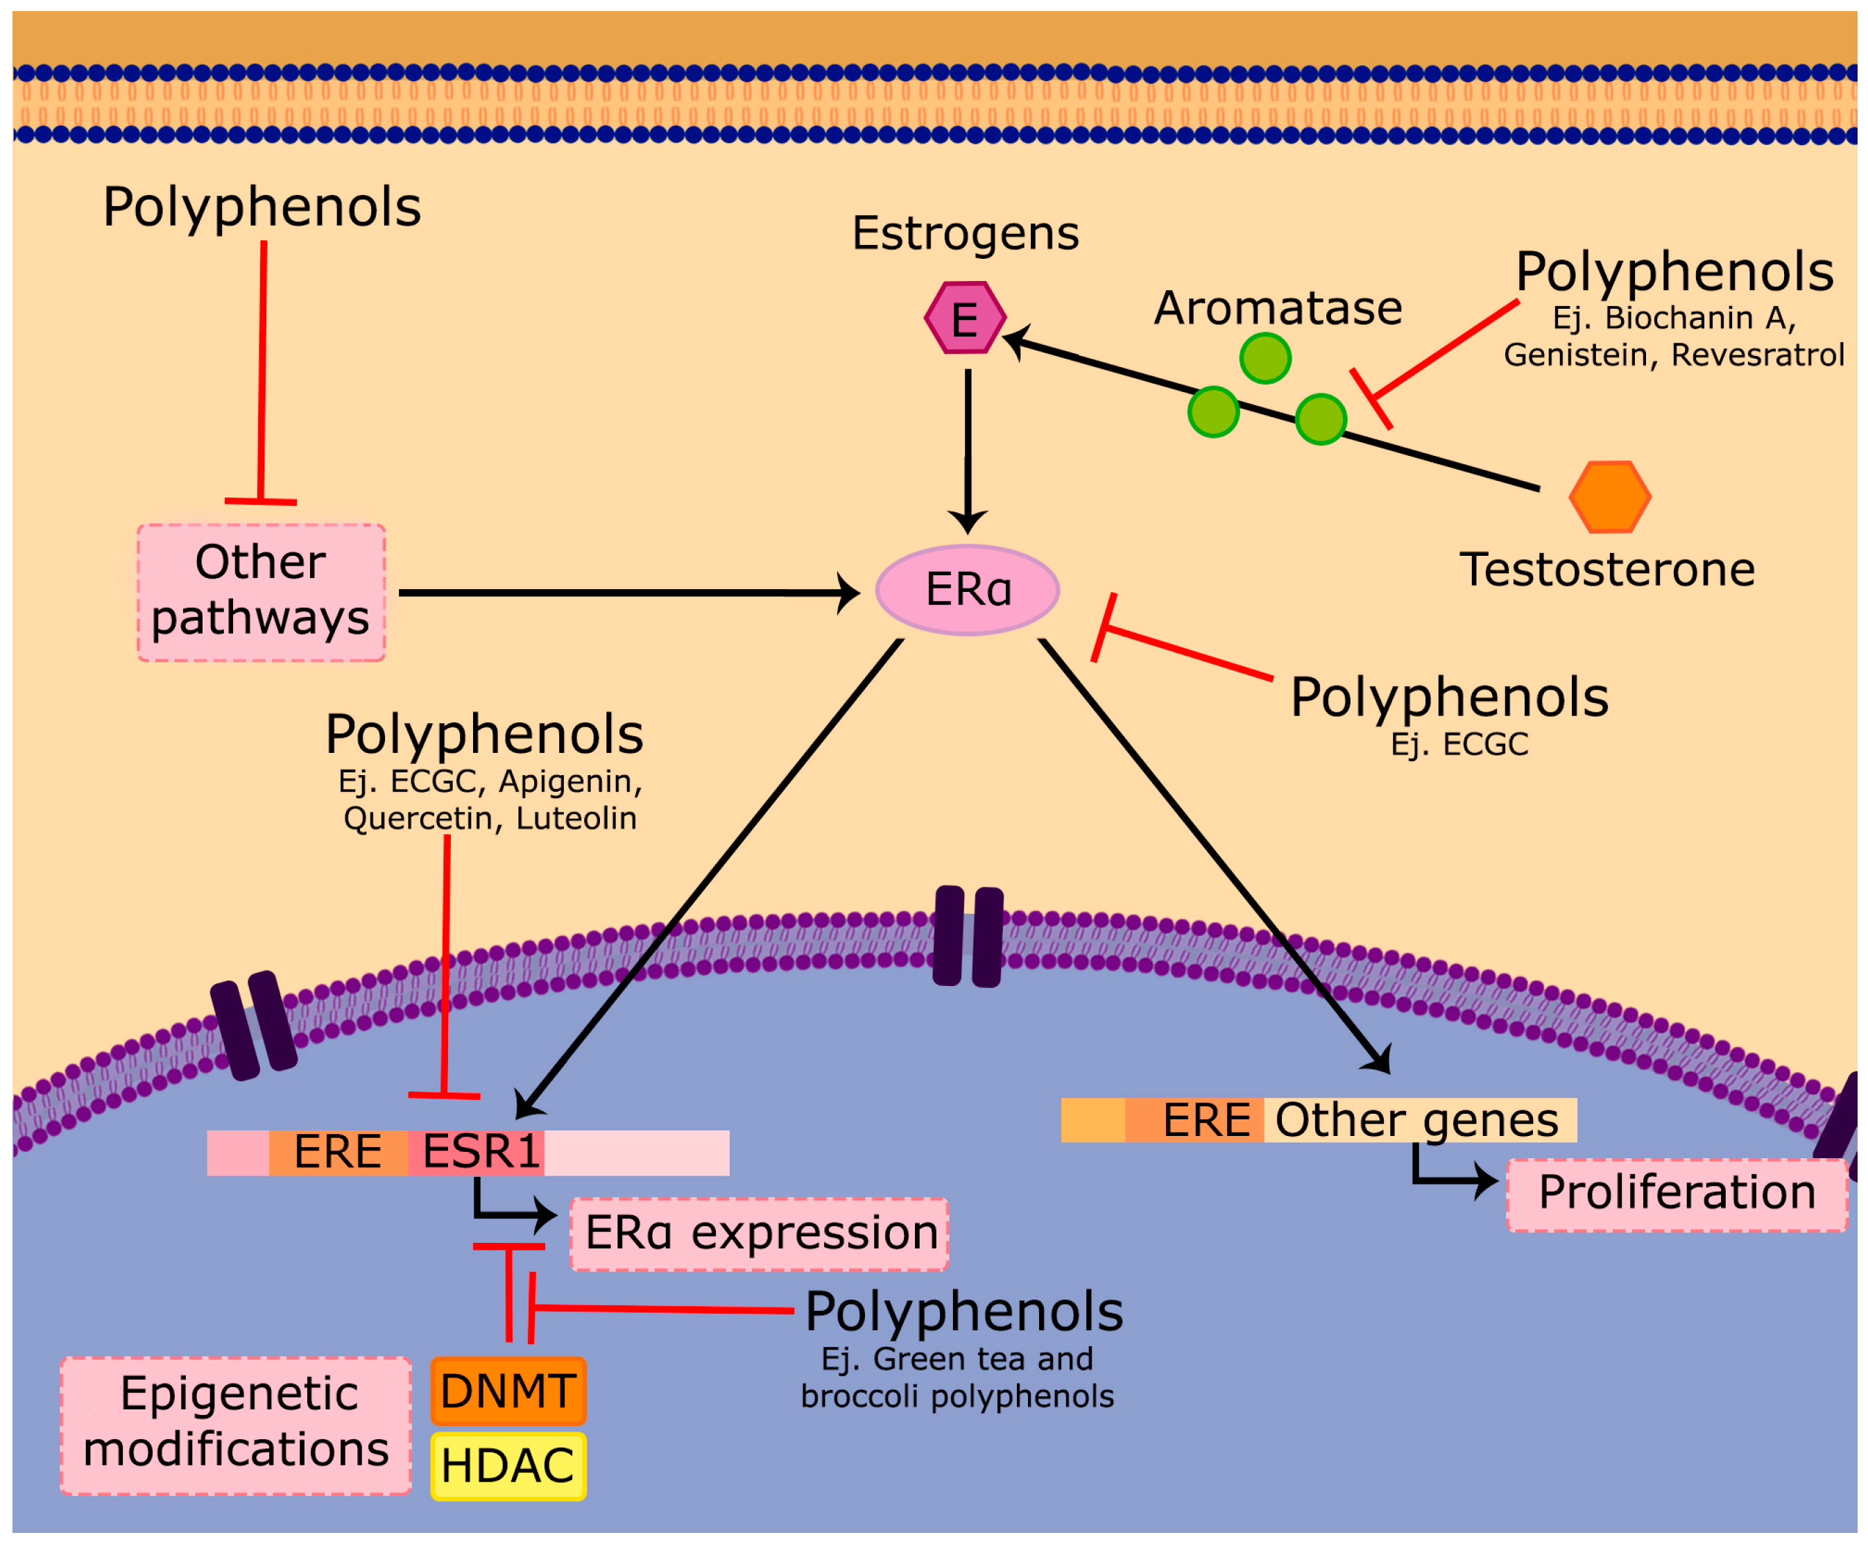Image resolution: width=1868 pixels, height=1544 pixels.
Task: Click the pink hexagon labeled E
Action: click(x=965, y=318)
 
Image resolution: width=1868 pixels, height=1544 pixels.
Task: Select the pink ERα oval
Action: click(x=968, y=590)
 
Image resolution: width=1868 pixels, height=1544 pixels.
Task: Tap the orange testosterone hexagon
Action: click(x=1609, y=496)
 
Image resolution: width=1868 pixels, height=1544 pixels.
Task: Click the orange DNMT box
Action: click(x=508, y=1391)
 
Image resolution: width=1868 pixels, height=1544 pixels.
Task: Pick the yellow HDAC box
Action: click(x=508, y=1466)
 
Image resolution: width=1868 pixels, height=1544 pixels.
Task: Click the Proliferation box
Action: click(x=1676, y=1194)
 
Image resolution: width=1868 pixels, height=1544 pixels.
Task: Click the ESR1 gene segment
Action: click(x=477, y=1153)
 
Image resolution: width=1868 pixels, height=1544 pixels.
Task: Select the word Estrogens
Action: click(x=965, y=234)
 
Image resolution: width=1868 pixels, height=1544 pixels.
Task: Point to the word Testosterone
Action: click(x=1606, y=570)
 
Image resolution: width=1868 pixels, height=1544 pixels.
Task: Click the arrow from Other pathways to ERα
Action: click(x=622, y=593)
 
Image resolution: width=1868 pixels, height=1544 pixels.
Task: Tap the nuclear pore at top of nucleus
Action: click(x=968, y=935)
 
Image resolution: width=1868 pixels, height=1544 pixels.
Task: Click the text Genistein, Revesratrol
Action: click(x=1673, y=355)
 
